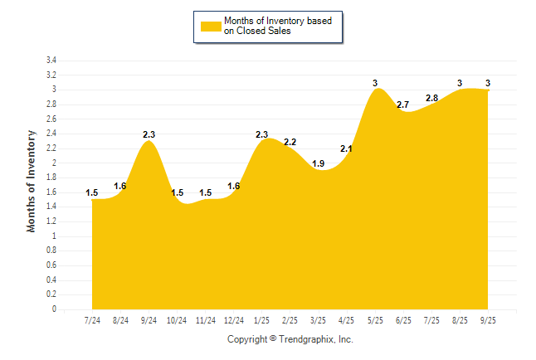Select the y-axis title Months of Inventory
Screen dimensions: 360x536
[x=32, y=180]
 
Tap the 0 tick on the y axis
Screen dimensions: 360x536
[x=54, y=309]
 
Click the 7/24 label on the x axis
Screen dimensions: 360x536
[x=92, y=320]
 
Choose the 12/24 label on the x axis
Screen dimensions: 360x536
[x=233, y=320]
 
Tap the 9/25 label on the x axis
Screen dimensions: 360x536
[x=488, y=320]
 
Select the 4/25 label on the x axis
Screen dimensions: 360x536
[x=347, y=320]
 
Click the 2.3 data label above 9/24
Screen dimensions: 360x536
[x=149, y=134]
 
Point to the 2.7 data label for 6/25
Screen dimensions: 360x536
[x=403, y=105]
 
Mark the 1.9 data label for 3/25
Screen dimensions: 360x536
[x=319, y=163]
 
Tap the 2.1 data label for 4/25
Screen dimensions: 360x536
[x=347, y=148]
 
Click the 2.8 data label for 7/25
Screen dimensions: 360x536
[x=431, y=98]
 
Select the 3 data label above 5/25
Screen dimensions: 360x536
[x=375, y=83]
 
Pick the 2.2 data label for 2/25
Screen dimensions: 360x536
[x=290, y=142]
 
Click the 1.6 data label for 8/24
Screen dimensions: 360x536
[x=120, y=186]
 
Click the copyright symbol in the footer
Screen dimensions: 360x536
[x=273, y=338]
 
